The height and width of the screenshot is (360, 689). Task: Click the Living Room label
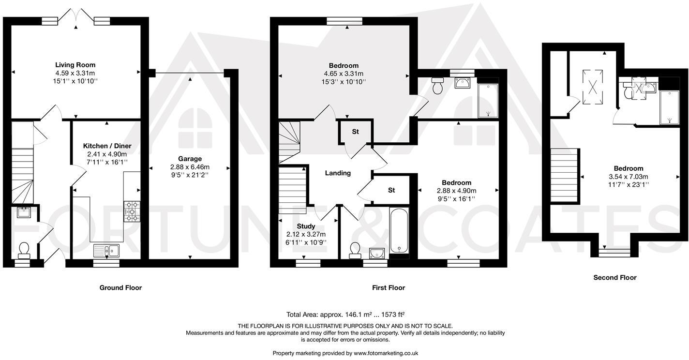click(x=75, y=65)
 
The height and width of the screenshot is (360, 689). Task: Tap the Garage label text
click(x=190, y=159)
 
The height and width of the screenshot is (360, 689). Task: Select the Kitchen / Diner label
click(x=107, y=146)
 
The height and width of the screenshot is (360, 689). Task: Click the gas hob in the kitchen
click(x=132, y=211)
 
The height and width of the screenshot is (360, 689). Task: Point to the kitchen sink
click(x=106, y=251)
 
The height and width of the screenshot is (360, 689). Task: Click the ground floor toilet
click(x=24, y=251)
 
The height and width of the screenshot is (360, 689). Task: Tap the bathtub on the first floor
click(x=399, y=230)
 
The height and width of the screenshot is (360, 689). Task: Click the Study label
click(x=306, y=226)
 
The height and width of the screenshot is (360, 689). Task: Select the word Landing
click(x=338, y=173)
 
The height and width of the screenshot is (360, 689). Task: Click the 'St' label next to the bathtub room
click(x=391, y=191)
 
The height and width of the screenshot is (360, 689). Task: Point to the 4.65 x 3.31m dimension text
click(x=344, y=74)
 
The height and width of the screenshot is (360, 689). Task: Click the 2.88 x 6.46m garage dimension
click(x=190, y=167)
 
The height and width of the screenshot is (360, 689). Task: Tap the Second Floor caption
click(x=615, y=278)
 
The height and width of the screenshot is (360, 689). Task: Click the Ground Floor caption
click(x=120, y=288)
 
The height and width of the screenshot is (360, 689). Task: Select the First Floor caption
click(x=389, y=288)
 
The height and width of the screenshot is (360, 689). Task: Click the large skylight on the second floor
click(x=592, y=87)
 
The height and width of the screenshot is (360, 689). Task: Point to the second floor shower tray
click(x=669, y=107)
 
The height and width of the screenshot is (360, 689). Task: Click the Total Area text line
click(x=345, y=315)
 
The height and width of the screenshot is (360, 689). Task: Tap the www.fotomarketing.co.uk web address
click(x=386, y=353)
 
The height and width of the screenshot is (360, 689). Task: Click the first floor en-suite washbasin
click(x=463, y=83)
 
